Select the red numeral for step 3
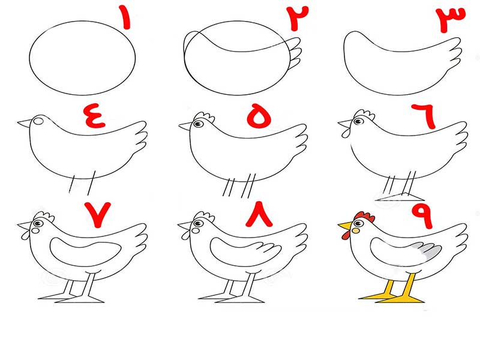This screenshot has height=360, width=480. (451, 19)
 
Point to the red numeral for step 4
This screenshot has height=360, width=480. (95, 116)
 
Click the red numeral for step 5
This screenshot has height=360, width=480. (259, 116)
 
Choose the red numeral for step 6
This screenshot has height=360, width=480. (425, 116)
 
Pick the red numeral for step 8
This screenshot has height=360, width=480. (259, 214)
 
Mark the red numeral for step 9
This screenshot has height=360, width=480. (422, 216)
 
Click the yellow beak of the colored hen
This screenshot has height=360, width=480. (346, 226)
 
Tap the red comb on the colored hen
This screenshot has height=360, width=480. (364, 217)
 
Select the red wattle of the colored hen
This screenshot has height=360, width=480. (346, 235)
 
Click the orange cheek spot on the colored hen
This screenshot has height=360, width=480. (356, 230)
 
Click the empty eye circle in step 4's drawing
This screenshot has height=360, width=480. (38, 121)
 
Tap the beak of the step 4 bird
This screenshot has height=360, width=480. (25, 124)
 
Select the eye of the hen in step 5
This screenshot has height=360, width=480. (198, 124)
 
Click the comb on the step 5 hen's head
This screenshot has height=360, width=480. (204, 116)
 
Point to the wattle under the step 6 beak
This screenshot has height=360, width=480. (346, 133)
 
